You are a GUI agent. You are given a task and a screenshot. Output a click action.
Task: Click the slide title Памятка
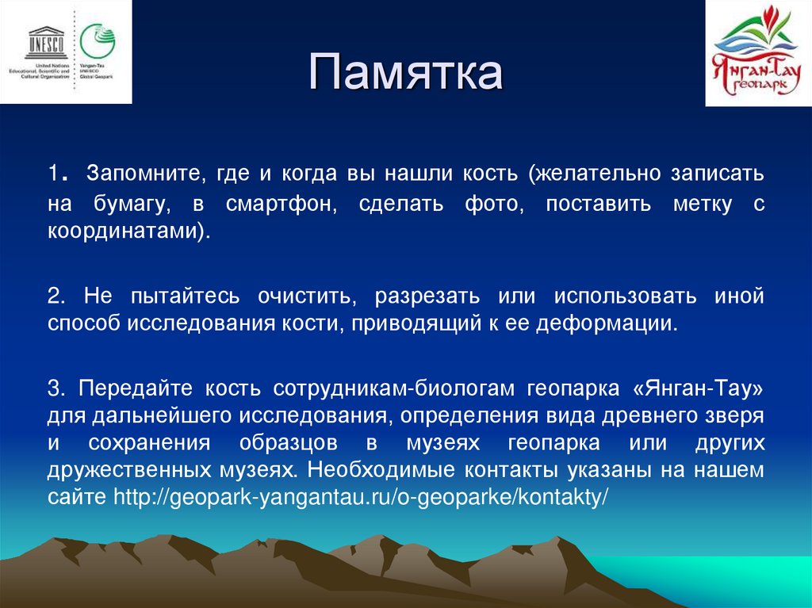coord(405,73)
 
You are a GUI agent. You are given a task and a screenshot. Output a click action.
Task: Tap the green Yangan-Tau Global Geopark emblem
coord(97,39)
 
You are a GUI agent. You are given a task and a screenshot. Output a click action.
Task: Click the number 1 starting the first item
coord(53,174)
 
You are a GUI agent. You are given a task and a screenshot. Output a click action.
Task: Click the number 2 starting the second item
coord(54,296)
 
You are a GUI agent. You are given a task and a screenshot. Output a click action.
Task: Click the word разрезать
coord(427,296)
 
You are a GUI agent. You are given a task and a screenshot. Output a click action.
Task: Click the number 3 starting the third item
coord(54,388)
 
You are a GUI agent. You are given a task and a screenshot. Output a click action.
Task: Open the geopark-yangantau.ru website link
coord(361,498)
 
